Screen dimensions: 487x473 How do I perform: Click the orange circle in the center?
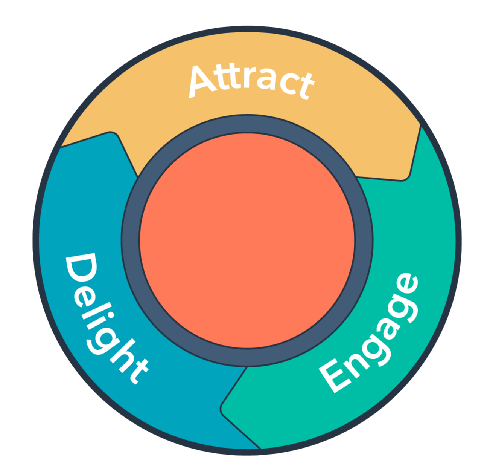247,240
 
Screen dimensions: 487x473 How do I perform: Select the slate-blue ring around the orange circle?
130,240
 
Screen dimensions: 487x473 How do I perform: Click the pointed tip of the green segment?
222,409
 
